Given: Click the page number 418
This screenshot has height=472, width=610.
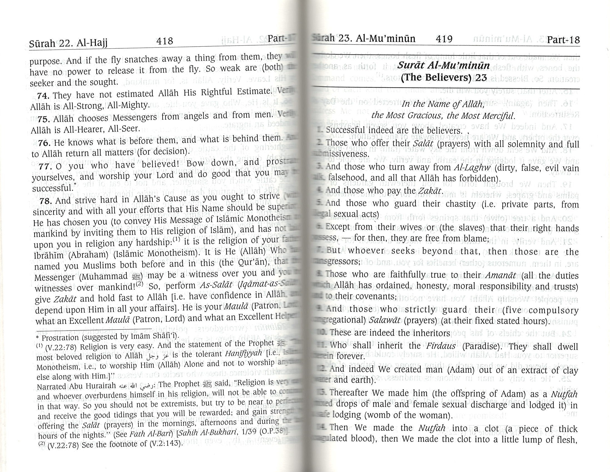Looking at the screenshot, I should coord(165,41).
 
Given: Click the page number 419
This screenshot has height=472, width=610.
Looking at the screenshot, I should coord(444,39).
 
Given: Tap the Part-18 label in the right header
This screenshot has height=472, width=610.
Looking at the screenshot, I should coord(563,40).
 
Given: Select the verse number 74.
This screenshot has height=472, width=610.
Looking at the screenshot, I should coord(43,96).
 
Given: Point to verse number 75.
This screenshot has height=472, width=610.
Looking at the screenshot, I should coord(44,119).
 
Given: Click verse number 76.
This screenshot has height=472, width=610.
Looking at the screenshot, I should coord(44,143).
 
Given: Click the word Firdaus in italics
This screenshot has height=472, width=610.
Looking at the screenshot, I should coord(441,346).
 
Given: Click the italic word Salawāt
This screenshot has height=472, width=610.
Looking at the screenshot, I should coord(384,320).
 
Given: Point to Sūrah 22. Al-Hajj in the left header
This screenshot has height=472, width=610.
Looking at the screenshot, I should coord(68,44).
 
